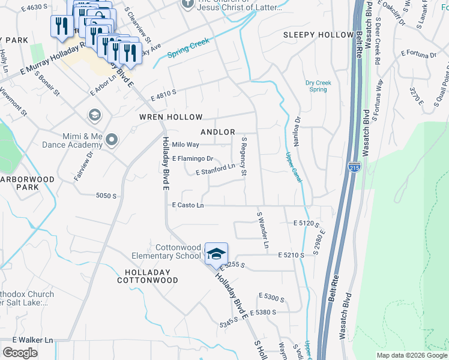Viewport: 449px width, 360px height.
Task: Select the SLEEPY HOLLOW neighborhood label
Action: (x=318, y=35)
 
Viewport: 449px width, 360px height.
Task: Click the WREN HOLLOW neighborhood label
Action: (x=171, y=116)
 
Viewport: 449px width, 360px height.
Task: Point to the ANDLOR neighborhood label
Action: (x=217, y=131)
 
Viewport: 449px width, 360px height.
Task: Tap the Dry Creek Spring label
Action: (x=316, y=86)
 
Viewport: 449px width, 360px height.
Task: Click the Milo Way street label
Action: (x=185, y=145)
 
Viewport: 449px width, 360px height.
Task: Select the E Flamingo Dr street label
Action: (x=193, y=159)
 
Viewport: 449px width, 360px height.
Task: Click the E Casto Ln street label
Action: (x=188, y=205)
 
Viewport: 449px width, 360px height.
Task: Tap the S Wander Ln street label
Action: (x=262, y=230)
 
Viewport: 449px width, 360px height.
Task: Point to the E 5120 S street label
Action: (x=307, y=223)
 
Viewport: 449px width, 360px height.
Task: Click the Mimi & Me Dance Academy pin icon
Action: (x=111, y=140)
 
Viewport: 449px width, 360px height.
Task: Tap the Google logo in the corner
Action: (x=20, y=353)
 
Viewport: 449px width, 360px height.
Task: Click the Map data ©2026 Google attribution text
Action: (x=411, y=355)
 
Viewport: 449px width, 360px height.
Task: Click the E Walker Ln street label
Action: (x=27, y=340)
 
